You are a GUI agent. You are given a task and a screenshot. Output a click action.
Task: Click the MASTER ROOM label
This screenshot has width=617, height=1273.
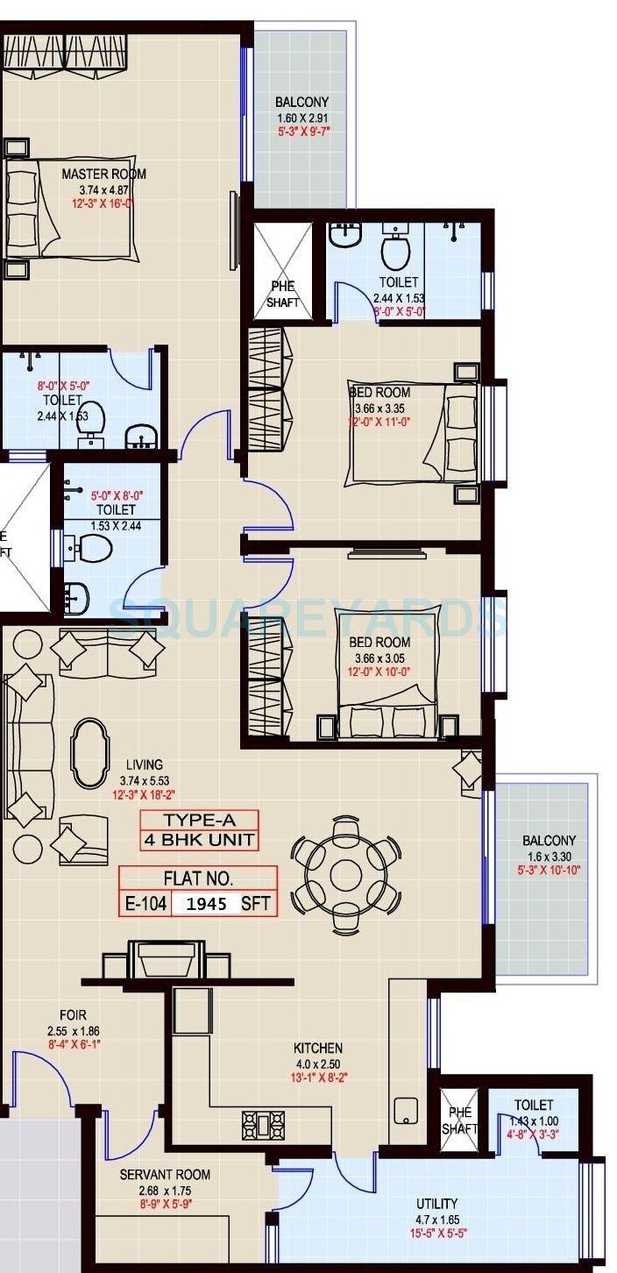tap(103, 174)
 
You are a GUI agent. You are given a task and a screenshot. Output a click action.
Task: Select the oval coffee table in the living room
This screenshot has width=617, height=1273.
tap(90, 753)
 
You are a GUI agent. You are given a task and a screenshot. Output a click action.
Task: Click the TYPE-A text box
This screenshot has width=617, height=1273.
tap(200, 821)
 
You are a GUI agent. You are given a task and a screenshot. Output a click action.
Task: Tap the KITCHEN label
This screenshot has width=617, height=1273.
tap(318, 1048)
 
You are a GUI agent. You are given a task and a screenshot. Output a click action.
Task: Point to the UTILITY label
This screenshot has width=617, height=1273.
tap(437, 1204)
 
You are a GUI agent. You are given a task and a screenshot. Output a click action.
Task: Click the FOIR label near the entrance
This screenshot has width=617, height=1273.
tap(74, 1015)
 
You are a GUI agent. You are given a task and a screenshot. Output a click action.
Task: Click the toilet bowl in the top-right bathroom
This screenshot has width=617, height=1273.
tap(396, 252)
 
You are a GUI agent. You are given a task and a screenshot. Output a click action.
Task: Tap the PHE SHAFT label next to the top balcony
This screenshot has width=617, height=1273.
tap(282, 294)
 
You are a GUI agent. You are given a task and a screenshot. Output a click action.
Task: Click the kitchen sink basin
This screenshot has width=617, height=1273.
tap(407, 1110)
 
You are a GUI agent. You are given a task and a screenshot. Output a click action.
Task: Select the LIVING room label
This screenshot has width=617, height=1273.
tap(144, 765)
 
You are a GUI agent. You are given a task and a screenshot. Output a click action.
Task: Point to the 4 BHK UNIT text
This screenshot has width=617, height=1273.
tap(200, 840)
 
